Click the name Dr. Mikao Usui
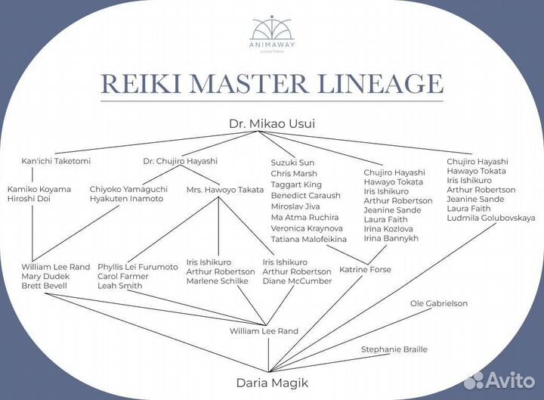[272, 123]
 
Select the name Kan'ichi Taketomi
[56, 161]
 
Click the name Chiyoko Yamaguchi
[126, 189]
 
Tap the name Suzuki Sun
[292, 163]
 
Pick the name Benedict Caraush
[305, 195]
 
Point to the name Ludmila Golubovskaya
[491, 218]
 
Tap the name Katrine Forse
[365, 269]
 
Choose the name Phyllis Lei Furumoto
[138, 267]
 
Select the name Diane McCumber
[297, 281]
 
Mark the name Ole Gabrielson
[439, 303]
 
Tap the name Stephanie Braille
[394, 349]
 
